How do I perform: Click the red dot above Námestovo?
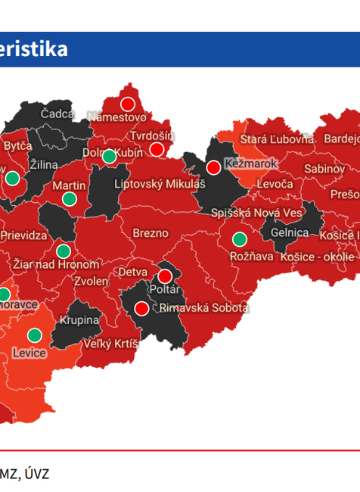pos(127,103)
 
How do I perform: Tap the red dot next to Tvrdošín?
pos(157,149)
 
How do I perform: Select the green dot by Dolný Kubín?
pos(109,157)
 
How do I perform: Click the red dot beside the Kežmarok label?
pos(213,167)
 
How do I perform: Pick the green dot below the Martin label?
pos(70,199)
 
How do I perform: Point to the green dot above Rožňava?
pos(240,240)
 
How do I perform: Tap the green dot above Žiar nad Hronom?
pos(64,251)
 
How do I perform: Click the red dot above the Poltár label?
pos(165,276)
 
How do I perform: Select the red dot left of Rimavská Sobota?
pos(141,308)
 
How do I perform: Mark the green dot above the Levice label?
pos(35,335)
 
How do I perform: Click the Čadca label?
pos(57,114)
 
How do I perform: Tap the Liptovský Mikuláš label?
pos(160,184)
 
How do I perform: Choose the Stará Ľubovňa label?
pos(276,139)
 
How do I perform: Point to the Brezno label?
pos(151,233)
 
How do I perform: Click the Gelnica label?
pos(289,233)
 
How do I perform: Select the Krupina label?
pos(80,320)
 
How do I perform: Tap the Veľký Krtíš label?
pos(110,344)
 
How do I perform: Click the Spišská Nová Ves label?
pos(256,213)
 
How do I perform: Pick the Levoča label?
pos(275,184)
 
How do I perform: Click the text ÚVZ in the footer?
pos(35,474)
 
